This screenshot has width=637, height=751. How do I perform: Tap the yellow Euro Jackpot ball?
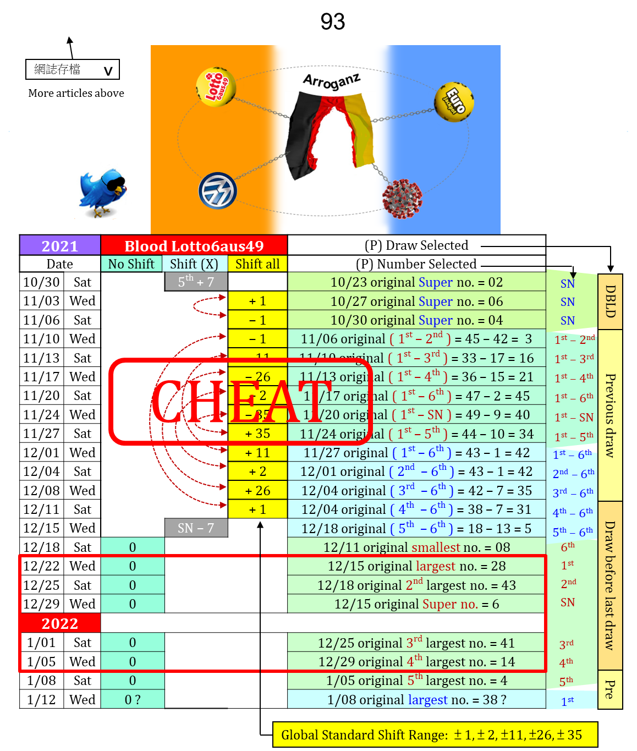(x=454, y=102)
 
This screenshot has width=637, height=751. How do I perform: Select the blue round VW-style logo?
(x=217, y=190)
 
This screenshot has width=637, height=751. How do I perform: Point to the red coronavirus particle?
(x=402, y=198)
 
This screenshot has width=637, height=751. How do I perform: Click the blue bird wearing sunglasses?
(x=103, y=191)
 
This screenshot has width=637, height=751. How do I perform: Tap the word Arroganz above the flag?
(x=332, y=81)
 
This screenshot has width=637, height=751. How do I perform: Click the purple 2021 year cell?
(x=60, y=245)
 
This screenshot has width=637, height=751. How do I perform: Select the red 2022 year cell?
(x=60, y=623)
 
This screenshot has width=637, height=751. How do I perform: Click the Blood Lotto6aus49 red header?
(x=194, y=245)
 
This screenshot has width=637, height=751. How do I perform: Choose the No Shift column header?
(x=131, y=264)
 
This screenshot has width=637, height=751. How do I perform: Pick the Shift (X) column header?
(x=194, y=264)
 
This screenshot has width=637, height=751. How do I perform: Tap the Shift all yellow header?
(x=257, y=264)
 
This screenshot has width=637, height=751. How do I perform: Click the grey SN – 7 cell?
(x=196, y=528)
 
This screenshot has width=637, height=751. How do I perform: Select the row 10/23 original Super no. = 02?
(x=416, y=282)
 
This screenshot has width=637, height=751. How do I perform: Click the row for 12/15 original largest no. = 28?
(x=416, y=566)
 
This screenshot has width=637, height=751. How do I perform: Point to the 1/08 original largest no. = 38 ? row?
(x=416, y=699)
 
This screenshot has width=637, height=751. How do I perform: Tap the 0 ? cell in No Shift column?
(x=133, y=699)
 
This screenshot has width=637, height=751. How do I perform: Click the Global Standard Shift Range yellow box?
(x=435, y=735)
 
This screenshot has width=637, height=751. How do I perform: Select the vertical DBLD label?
(x=610, y=301)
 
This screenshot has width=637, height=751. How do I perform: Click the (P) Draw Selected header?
(x=416, y=245)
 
